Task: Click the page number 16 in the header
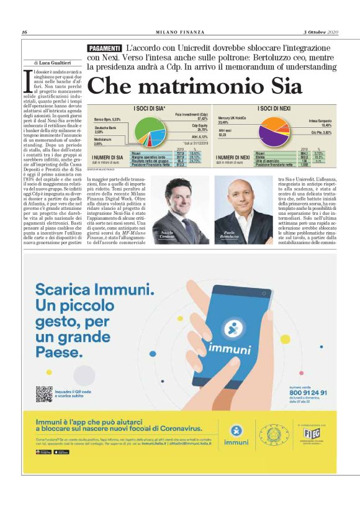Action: (x=24, y=32)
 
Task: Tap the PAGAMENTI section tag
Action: (x=104, y=48)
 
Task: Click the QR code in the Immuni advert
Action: (x=44, y=394)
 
